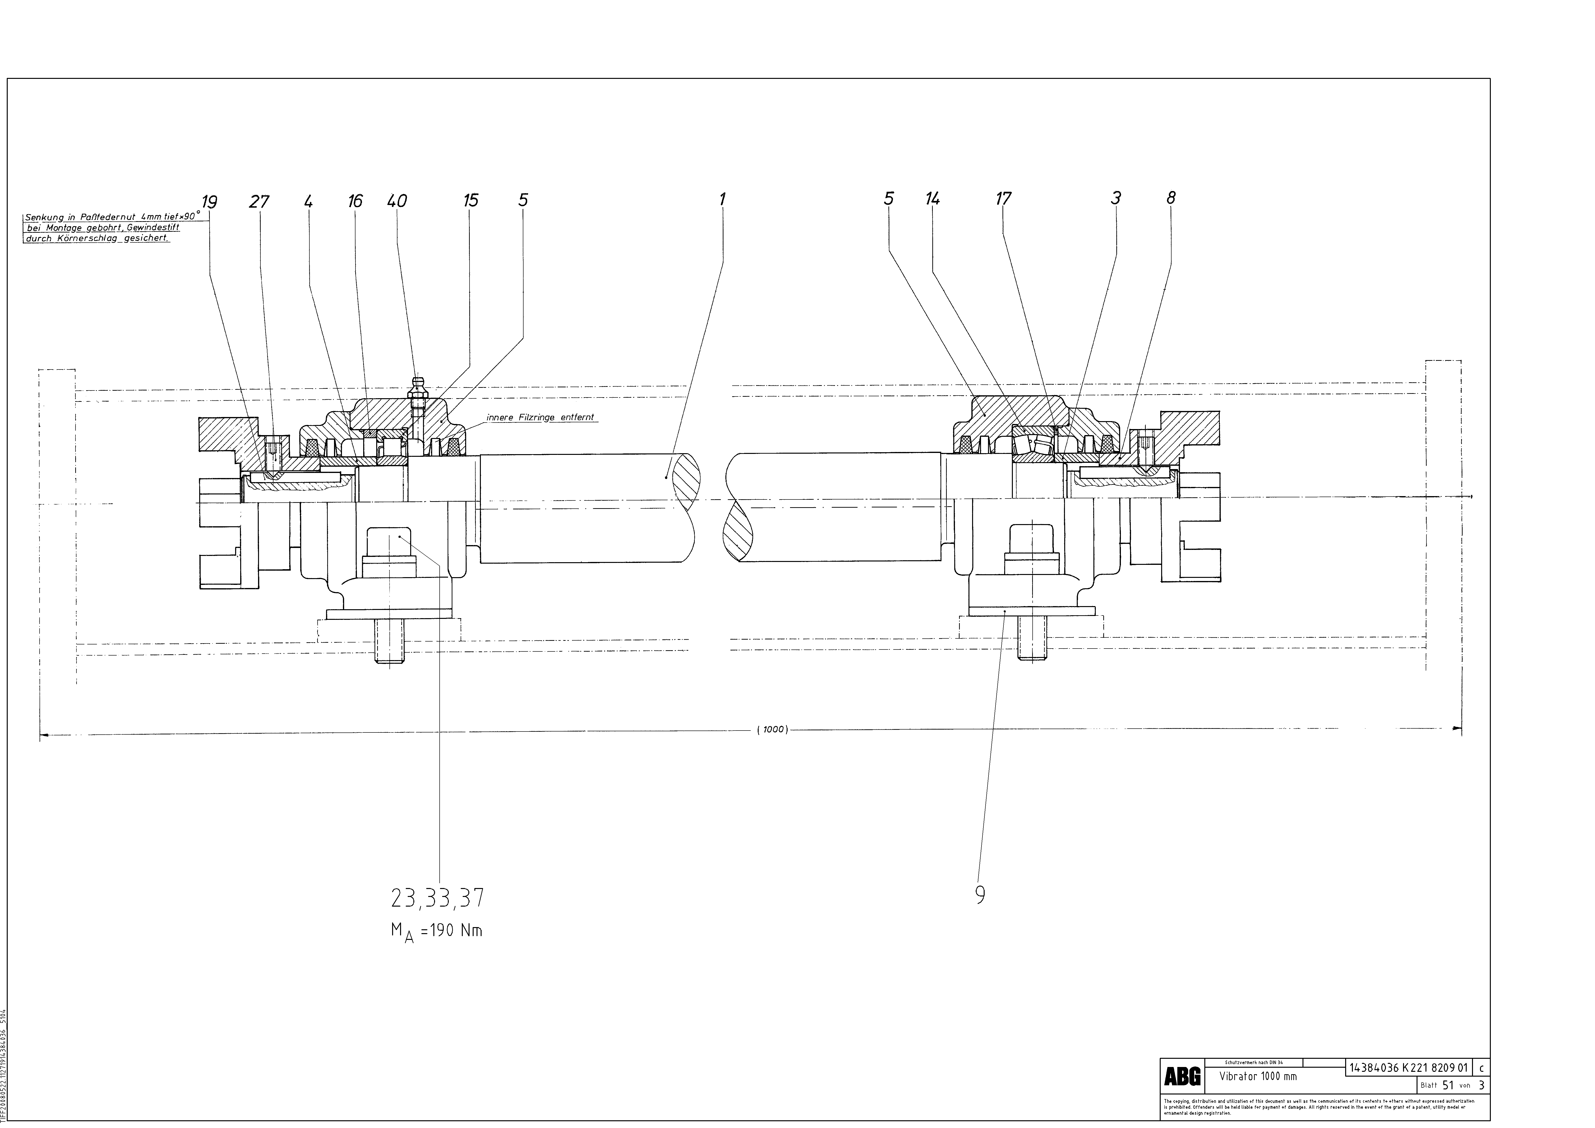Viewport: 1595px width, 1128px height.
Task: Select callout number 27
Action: pyautogui.click(x=259, y=202)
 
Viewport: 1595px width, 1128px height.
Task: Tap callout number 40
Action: pyautogui.click(x=397, y=201)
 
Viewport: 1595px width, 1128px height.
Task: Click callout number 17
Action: pyautogui.click(x=1003, y=199)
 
